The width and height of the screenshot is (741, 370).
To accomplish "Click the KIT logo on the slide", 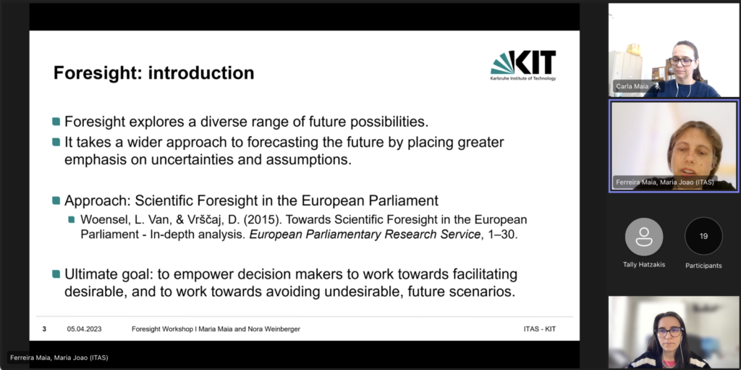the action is click(x=523, y=66).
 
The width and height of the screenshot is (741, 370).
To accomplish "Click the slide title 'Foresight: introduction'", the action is click(x=153, y=73).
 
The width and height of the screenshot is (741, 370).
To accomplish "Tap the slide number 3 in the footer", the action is click(x=44, y=329).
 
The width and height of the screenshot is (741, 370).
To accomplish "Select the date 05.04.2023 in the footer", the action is click(x=84, y=329).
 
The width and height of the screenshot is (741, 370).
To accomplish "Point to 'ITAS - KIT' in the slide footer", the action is click(x=540, y=329).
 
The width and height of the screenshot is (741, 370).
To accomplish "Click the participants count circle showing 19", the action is click(x=703, y=236).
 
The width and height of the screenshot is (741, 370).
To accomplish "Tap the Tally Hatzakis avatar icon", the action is click(x=643, y=237).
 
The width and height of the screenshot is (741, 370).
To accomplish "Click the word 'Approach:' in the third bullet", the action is click(x=98, y=201).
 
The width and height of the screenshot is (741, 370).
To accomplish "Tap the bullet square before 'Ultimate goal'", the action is click(x=56, y=274).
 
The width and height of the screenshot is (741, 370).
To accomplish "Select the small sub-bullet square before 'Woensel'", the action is click(x=72, y=219).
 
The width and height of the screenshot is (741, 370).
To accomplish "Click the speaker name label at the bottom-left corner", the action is click(x=59, y=358).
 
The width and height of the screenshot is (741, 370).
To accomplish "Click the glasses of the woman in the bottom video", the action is click(x=669, y=332).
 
